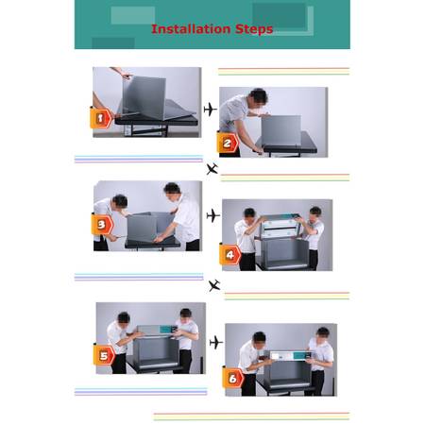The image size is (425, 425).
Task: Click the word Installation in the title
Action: [191, 29]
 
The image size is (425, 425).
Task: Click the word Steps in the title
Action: [254, 29]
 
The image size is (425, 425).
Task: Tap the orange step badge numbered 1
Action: [101, 118]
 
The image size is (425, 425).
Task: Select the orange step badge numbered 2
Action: [228, 143]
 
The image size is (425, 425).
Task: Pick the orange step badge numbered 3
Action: [102, 225]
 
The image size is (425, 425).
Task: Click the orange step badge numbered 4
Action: [230, 254]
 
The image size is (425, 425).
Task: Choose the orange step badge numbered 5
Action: [104, 355]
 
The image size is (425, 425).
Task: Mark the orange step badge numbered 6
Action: [233, 378]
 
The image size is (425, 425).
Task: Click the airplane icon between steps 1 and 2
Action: [210, 110]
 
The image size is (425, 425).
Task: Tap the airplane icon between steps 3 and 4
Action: [213, 215]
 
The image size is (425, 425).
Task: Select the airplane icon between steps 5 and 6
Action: [216, 342]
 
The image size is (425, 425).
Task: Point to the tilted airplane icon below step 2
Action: [212, 169]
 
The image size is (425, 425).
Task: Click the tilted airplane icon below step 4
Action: [214, 285]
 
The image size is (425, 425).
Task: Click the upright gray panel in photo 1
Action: [144, 98]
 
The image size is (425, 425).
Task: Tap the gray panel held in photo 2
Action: [280, 131]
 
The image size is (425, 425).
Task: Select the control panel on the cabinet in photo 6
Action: [290, 356]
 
